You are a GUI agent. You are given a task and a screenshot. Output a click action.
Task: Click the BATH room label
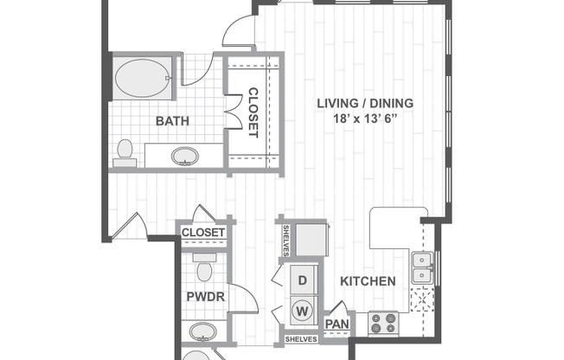click(x=173, y=120)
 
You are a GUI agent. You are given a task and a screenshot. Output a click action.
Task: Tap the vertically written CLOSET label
click(x=253, y=112)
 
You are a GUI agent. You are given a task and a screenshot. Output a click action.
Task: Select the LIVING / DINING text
click(x=364, y=103)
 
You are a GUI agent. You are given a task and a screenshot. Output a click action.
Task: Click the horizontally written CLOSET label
click(x=204, y=233)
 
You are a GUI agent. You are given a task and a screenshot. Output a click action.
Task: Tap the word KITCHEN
click(x=368, y=281)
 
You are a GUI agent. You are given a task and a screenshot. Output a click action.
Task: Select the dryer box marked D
click(x=303, y=280)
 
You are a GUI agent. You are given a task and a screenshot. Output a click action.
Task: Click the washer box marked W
click(x=303, y=307)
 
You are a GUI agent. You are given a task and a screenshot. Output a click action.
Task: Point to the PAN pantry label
click(x=337, y=325)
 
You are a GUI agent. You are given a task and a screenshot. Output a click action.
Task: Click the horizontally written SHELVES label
click(x=302, y=339)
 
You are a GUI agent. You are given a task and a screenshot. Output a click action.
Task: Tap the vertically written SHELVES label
click(x=285, y=241)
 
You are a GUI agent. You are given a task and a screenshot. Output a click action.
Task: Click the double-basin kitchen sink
click(x=421, y=267)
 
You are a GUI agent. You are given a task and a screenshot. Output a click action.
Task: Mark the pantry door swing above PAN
click(x=338, y=309)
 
